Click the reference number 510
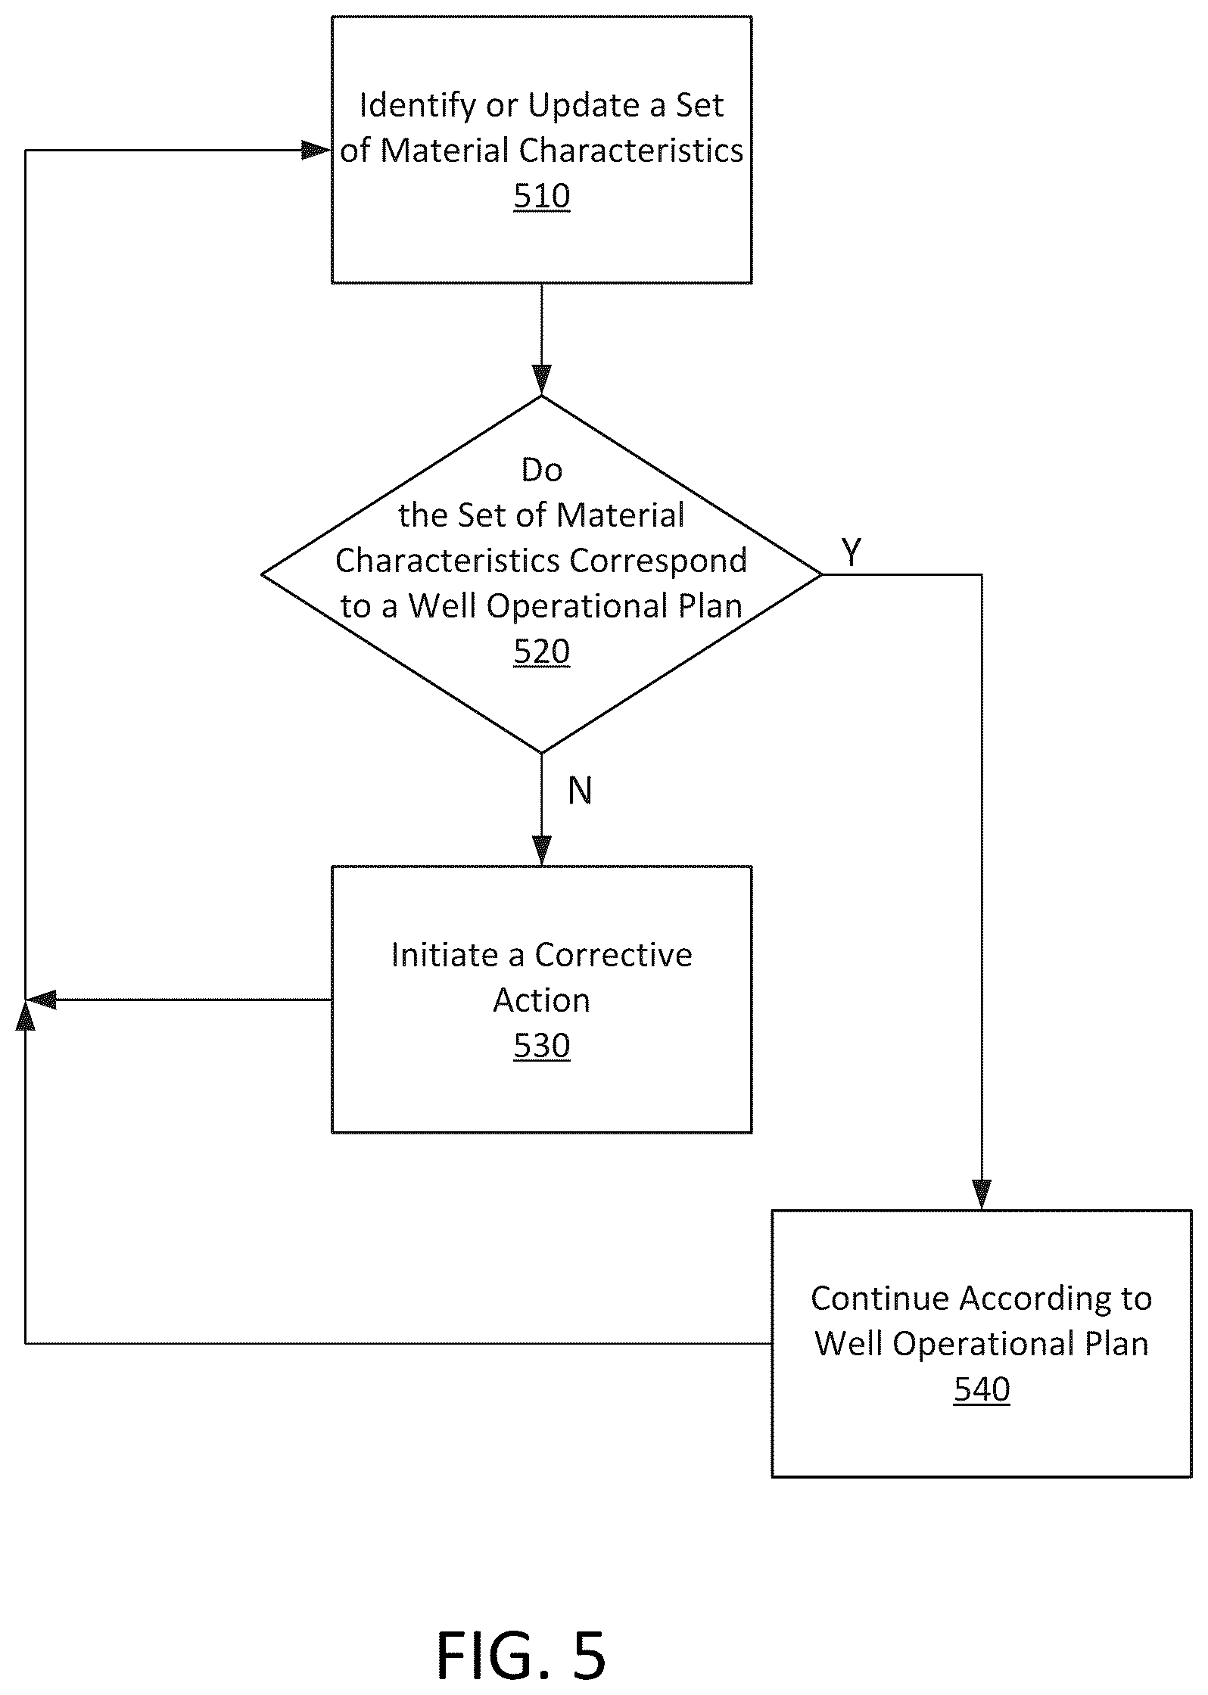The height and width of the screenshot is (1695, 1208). pos(542,196)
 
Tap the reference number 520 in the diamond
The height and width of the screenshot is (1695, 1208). pos(542,652)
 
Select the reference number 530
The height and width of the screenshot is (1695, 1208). pos(542,1046)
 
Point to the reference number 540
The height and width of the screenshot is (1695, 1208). pos(982,1389)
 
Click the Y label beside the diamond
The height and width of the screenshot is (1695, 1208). pos(852,552)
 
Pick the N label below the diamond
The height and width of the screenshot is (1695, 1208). pos(580,791)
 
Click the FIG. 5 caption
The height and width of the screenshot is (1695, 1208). pos(521,1656)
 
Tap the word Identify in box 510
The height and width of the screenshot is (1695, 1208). pos(418,106)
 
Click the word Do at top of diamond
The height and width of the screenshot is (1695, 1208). pos(542,471)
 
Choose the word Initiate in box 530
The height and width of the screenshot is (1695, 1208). pos(445,955)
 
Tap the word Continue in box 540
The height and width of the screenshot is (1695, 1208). pos(880,1298)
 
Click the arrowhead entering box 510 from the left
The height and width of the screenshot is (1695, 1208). pos(317,150)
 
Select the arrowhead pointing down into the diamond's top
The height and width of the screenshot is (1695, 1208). pos(542,381)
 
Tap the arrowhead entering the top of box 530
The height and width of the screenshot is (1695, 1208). pos(542,851)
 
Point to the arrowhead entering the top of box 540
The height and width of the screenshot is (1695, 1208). pos(982,1195)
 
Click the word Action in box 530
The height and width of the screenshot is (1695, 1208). pos(542,1000)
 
